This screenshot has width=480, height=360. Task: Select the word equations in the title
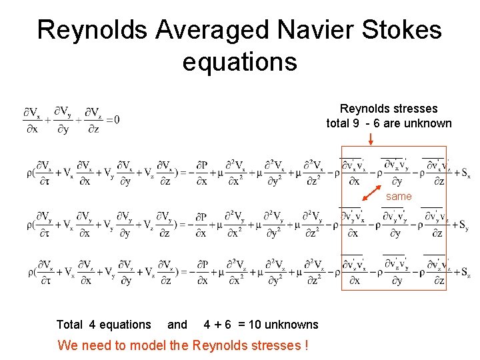(239, 61)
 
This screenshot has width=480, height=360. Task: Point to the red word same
(399, 197)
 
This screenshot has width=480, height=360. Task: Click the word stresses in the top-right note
(415, 109)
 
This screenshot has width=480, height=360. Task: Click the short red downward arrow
(370, 139)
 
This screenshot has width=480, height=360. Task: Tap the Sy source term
(465, 225)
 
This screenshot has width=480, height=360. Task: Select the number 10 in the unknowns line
(255, 325)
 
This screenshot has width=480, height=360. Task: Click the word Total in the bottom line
(70, 325)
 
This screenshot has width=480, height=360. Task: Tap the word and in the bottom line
(177, 325)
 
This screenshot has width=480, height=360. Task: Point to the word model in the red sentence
(171, 345)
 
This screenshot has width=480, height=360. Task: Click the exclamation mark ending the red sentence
(305, 345)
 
